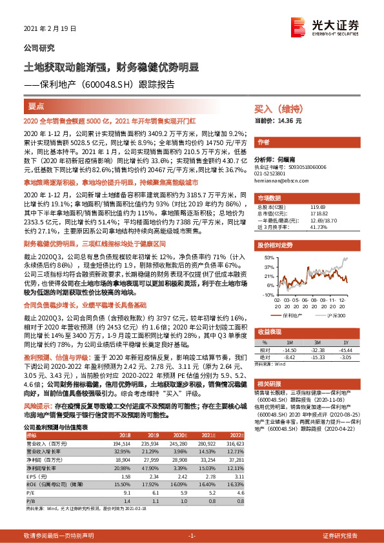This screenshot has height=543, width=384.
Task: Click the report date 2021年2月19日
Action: [x=45, y=29]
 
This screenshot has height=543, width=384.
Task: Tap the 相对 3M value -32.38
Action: [x=318, y=350]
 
